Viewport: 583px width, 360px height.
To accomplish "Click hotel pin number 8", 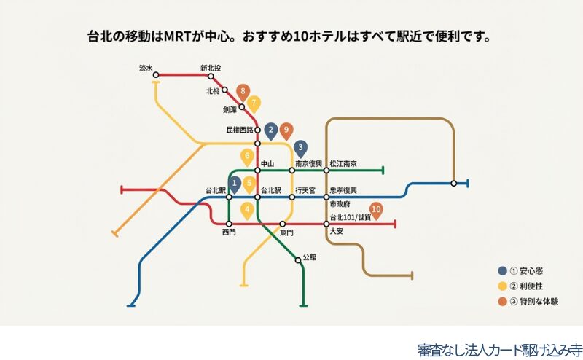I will [x=243, y=92].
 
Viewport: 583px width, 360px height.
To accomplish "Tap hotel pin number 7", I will [x=254, y=103].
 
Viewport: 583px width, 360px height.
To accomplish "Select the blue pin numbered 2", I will [x=271, y=130].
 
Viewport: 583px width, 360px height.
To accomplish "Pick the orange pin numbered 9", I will [x=286, y=130].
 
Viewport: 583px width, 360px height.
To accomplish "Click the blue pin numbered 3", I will [x=301, y=148].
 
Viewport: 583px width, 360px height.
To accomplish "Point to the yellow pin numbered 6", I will [x=247, y=156].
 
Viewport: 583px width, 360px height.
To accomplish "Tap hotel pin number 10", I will [x=376, y=208].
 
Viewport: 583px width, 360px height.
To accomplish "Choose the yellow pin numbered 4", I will [x=248, y=211].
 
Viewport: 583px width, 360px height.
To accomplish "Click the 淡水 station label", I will [x=146, y=69].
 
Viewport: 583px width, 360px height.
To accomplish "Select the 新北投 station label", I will [x=211, y=69].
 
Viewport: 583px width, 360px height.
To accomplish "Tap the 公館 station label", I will [x=310, y=257].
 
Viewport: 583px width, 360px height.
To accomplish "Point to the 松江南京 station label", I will [x=343, y=164].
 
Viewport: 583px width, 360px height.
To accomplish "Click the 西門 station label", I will [x=229, y=232].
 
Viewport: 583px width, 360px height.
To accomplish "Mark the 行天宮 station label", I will [x=305, y=190].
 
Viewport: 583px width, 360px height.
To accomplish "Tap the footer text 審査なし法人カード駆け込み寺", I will [x=500, y=349].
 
